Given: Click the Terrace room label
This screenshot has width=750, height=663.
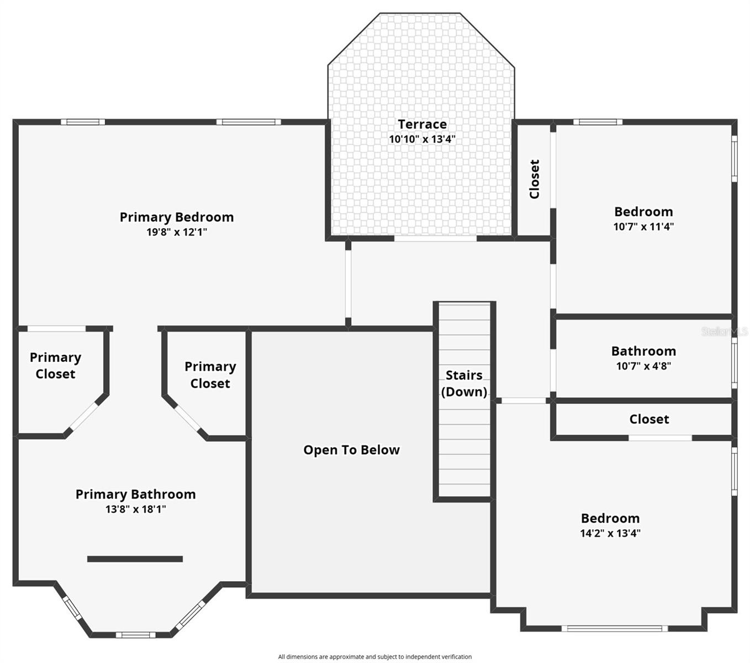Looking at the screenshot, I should click(422, 124).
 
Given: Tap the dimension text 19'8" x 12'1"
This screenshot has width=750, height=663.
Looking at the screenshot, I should click(176, 232).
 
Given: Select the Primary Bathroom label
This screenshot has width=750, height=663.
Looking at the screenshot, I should click(135, 494).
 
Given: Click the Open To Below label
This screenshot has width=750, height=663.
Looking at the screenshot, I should click(351, 450).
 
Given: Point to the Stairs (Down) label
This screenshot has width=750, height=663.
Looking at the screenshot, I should click(464, 383).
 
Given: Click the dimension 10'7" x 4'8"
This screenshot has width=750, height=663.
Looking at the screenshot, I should click(643, 366).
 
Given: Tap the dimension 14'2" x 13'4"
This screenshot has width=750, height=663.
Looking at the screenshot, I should click(610, 533).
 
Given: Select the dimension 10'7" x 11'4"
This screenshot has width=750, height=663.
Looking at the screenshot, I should click(643, 227).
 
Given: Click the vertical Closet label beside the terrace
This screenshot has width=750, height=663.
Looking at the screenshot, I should click(534, 179).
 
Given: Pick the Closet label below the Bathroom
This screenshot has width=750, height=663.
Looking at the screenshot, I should click(649, 419).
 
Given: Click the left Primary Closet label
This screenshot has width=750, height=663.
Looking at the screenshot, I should click(55, 366).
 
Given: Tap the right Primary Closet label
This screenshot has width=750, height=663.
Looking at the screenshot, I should click(210, 375).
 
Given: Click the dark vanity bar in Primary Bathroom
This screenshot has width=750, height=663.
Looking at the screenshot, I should click(135, 559).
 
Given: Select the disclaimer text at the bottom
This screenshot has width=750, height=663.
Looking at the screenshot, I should click(374, 657).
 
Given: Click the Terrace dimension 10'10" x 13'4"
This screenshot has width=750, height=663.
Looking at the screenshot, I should click(422, 139).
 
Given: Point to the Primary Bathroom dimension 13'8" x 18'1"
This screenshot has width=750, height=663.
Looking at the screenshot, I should click(135, 509).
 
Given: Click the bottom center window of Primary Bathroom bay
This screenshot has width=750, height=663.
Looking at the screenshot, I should click(135, 635).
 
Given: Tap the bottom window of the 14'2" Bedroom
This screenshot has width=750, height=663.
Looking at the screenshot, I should click(615, 628).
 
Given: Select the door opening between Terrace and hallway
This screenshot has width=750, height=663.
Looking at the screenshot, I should click(435, 239).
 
